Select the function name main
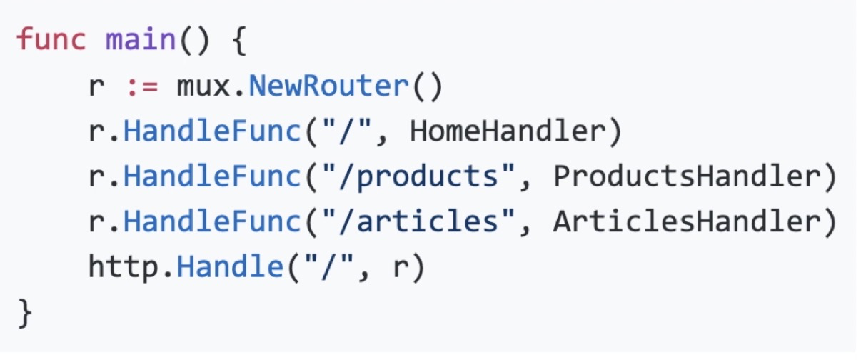[x=140, y=40]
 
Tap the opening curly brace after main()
[x=238, y=40]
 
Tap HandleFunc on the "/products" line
[x=212, y=176]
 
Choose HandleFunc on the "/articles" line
[x=212, y=222]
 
